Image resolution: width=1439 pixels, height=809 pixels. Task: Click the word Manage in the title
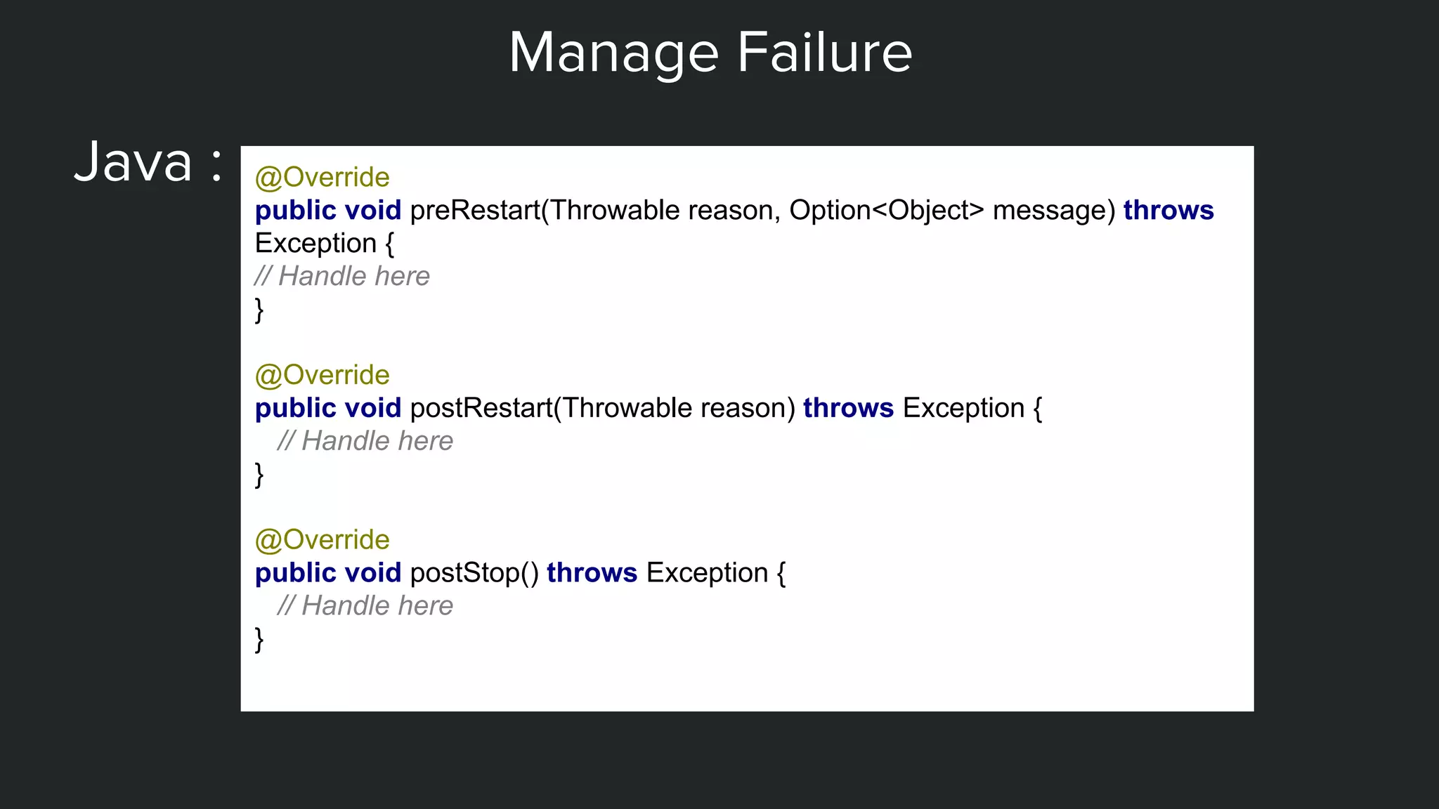613,53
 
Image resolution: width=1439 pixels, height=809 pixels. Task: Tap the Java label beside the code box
134,163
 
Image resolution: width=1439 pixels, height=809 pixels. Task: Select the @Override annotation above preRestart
322,178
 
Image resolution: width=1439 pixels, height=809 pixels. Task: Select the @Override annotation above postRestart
322,375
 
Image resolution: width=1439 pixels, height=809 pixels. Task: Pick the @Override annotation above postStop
322,540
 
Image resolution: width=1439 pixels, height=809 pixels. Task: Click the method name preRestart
475,211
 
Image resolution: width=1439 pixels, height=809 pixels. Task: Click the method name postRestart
481,408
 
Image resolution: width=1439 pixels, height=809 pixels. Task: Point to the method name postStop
464,573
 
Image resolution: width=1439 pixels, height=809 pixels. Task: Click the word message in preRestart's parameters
1053,211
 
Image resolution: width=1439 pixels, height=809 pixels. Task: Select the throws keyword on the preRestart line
1168,211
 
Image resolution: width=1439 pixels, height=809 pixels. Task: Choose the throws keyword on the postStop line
592,573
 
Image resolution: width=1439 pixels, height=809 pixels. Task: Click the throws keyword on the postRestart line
848,408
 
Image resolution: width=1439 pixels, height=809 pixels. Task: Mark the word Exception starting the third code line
315,244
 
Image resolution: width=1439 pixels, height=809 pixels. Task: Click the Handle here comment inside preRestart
342,277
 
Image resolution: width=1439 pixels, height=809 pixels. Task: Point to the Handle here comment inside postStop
365,606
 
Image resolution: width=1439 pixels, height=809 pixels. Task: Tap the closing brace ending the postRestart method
259,475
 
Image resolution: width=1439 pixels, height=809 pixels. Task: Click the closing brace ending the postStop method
259,640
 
